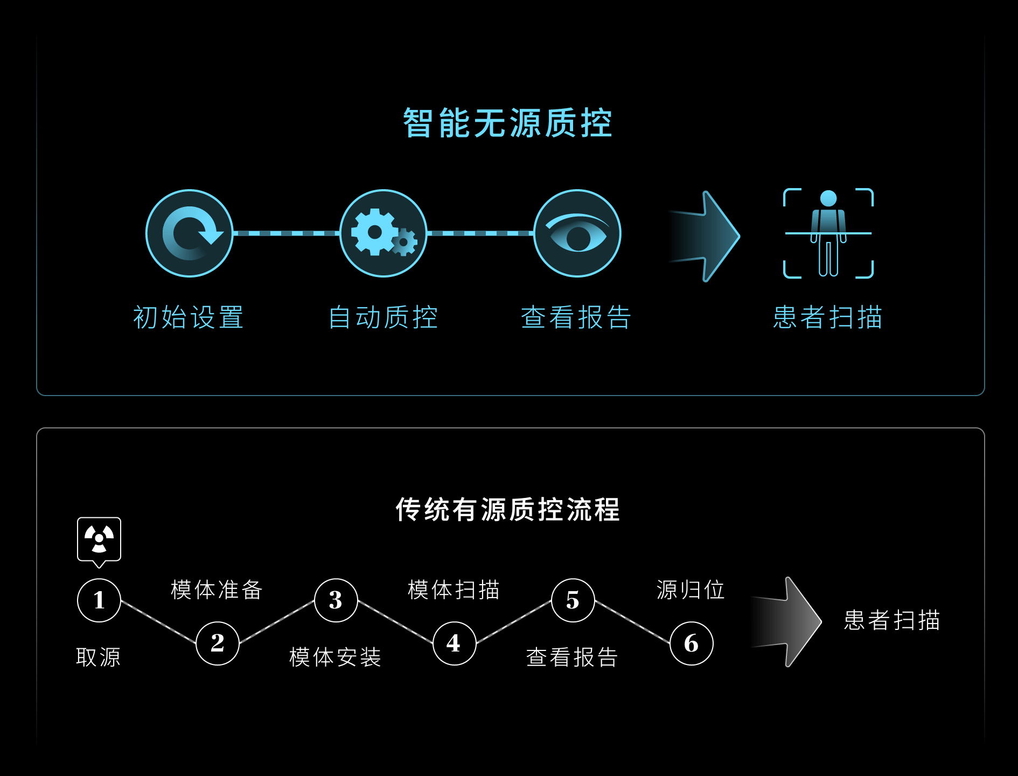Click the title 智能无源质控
point(507,123)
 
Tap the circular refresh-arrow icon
point(190,233)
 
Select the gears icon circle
point(384,233)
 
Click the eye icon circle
point(577,233)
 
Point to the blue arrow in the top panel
point(706,236)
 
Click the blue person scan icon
point(828,233)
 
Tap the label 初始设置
point(189,317)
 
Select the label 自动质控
point(383,317)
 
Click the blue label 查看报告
point(576,317)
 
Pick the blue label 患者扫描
point(828,317)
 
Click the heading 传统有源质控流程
point(507,509)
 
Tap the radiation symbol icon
point(99,539)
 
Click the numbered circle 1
point(99,600)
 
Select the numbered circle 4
point(455,643)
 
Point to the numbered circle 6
point(692,643)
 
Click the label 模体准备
point(217,590)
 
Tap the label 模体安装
point(335,657)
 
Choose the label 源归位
point(691,590)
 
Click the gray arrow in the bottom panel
point(787,622)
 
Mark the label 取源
point(99,657)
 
